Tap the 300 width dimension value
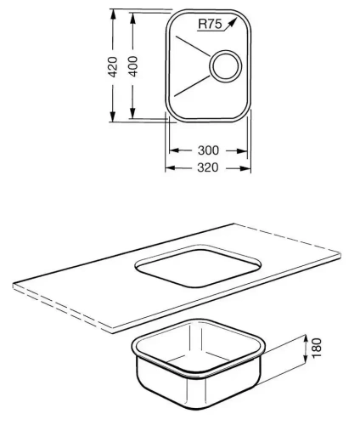[x=208, y=150]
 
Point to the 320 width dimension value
[x=208, y=167]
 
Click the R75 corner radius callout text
[x=209, y=25]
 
